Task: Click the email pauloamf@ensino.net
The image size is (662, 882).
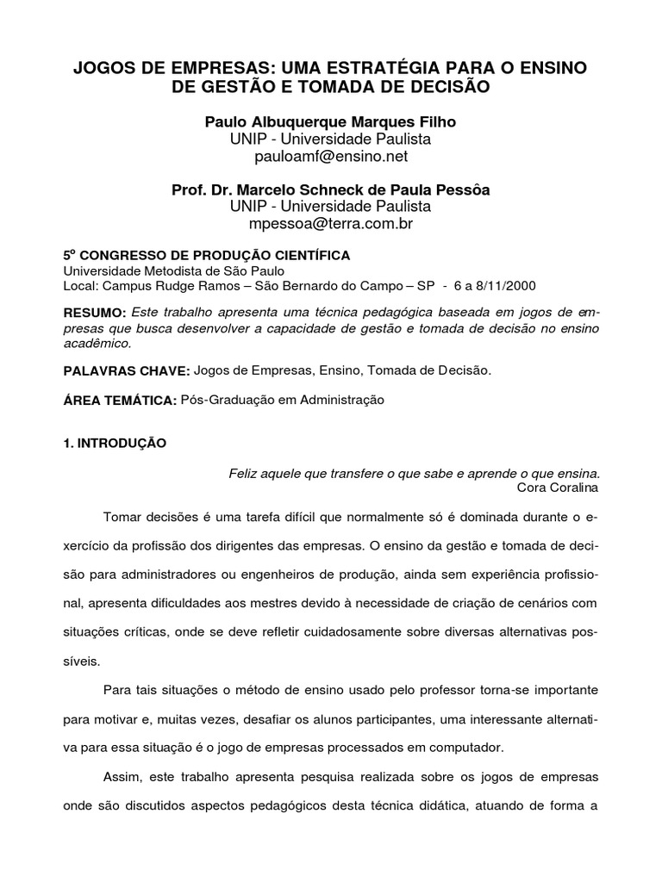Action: pos(330,157)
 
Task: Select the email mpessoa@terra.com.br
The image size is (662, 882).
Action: pos(330,225)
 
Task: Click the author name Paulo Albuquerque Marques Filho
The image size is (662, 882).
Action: pos(330,121)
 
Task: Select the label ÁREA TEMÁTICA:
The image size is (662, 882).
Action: pos(120,401)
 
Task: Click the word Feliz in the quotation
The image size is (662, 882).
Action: pos(242,473)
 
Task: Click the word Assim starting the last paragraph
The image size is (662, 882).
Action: pos(122,777)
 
